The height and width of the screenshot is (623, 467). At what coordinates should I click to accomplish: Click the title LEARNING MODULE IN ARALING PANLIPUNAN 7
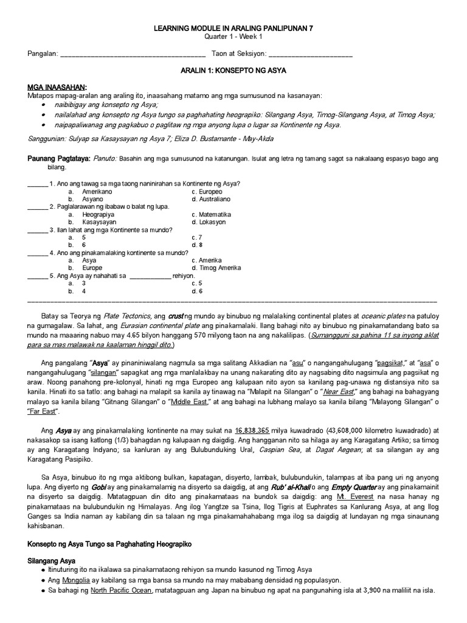click(x=233, y=28)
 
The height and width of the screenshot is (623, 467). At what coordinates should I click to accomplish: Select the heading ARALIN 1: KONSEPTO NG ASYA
click(x=233, y=71)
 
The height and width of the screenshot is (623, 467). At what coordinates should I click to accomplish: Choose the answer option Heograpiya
click(x=99, y=215)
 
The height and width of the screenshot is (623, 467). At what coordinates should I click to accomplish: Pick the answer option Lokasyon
click(x=211, y=223)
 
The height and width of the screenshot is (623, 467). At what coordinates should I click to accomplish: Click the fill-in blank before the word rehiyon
click(x=150, y=276)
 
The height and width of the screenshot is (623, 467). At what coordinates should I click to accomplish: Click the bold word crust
click(x=176, y=316)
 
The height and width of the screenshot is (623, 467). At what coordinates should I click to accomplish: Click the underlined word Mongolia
click(x=75, y=580)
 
